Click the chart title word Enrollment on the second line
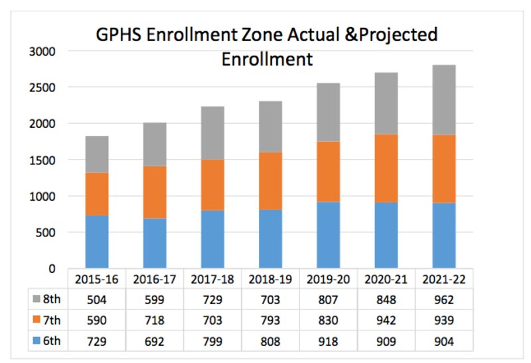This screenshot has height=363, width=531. pyautogui.click(x=267, y=59)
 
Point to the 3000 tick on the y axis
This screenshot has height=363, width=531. pyautogui.click(x=42, y=51)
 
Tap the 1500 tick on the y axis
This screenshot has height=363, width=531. pyautogui.click(x=42, y=160)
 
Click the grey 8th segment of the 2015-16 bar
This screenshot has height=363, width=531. pyautogui.click(x=96, y=154)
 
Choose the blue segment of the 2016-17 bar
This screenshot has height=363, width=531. pyautogui.click(x=153, y=243)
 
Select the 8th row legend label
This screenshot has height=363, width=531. pyautogui.click(x=51, y=299)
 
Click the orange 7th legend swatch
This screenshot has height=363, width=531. pyautogui.click(x=36, y=319)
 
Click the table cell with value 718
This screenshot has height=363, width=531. pyautogui.click(x=153, y=319)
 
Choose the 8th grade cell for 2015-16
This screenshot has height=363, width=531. pyautogui.click(x=96, y=299)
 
